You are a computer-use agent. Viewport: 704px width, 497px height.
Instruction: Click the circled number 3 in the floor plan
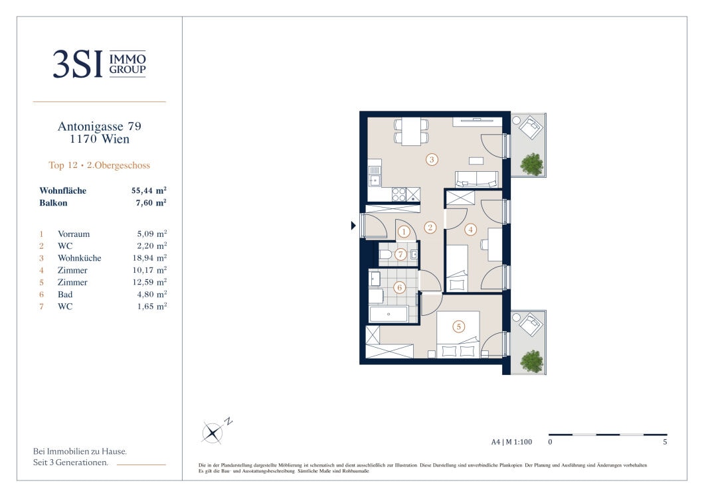[432, 159]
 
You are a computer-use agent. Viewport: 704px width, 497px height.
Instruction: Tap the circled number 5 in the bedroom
[458, 326]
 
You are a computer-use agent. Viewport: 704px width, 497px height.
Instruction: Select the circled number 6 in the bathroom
[399, 287]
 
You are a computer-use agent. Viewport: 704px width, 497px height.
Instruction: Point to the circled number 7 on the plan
[400, 254]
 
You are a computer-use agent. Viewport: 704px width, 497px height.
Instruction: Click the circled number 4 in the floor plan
[470, 230]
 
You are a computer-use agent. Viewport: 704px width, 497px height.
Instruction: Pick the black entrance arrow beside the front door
[353, 226]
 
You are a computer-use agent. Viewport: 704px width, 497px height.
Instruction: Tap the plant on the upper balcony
[532, 164]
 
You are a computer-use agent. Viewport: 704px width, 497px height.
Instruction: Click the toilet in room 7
[386, 255]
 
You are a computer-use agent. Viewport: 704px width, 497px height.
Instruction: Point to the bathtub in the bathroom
[389, 314]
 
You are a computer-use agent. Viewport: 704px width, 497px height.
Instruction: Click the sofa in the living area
[476, 179]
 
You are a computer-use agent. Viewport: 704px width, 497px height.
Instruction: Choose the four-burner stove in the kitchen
[398, 194]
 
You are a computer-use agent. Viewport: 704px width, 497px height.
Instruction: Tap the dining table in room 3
[411, 131]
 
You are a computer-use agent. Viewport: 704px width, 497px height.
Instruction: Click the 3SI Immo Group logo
[99, 64]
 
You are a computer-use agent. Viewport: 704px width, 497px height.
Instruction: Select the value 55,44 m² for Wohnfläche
[149, 190]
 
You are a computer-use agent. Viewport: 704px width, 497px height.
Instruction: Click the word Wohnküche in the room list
[80, 258]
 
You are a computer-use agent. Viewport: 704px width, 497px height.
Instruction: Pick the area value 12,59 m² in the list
[149, 282]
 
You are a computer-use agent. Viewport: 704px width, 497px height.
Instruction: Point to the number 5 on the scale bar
[665, 442]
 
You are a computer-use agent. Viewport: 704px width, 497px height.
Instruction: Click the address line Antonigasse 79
[99, 127]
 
